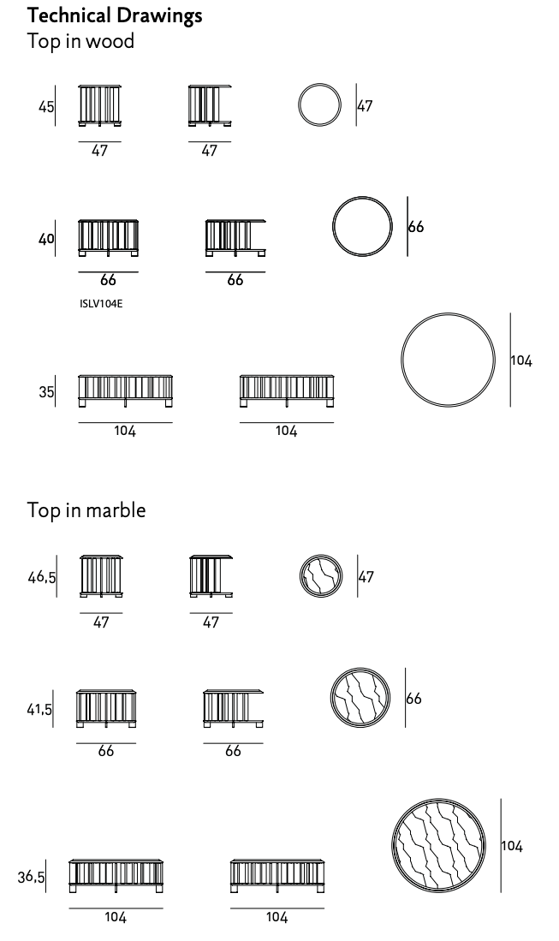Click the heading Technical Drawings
click(115, 15)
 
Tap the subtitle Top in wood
click(80, 41)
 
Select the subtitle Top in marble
click(86, 510)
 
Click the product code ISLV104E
click(101, 304)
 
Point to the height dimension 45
click(46, 107)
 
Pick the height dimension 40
click(46, 239)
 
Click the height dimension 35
click(46, 392)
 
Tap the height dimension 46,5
click(42, 577)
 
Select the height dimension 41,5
click(39, 709)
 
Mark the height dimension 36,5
click(31, 877)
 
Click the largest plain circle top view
click(448, 313)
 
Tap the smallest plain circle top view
click(319, 84)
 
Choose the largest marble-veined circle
click(438, 800)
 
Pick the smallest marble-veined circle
click(322, 555)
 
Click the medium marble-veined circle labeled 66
click(360, 668)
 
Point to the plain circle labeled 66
click(362, 196)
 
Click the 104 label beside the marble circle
click(512, 846)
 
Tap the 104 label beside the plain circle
click(522, 360)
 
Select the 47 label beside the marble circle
click(366, 577)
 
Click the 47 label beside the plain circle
click(365, 106)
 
